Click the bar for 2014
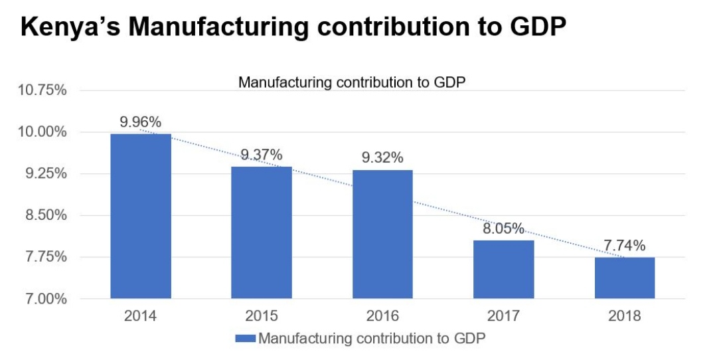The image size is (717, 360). [141, 216]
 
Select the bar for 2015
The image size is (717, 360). [262, 232]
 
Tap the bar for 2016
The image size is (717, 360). [382, 234]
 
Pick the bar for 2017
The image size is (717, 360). [503, 269]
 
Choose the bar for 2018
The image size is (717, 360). [625, 278]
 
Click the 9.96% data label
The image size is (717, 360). [141, 122]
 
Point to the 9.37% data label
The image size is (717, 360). [262, 155]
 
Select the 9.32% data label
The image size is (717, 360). [382, 158]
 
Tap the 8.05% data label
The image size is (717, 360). [503, 229]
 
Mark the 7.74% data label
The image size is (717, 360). [625, 246]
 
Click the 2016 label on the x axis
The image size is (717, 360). [382, 315]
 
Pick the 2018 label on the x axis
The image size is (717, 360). [625, 315]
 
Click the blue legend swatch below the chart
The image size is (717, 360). [245, 339]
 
